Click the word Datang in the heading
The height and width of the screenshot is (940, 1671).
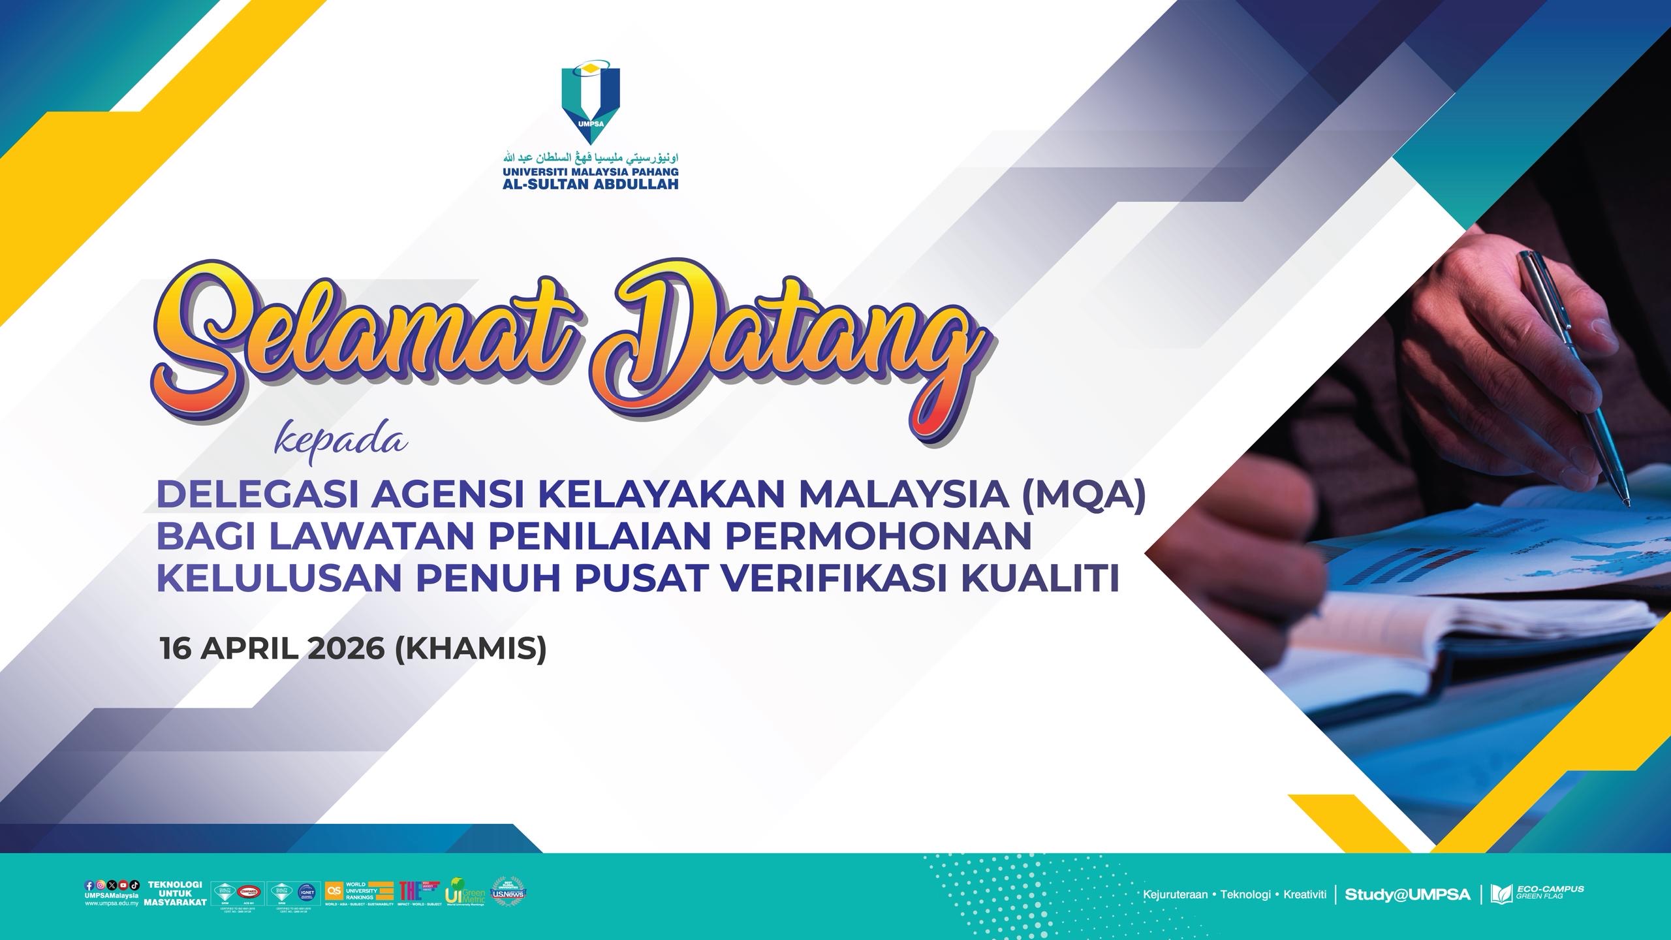783,352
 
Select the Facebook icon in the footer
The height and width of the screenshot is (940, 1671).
89,886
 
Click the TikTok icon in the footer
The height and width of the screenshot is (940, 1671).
134,886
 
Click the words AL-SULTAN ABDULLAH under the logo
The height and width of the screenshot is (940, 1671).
590,183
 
